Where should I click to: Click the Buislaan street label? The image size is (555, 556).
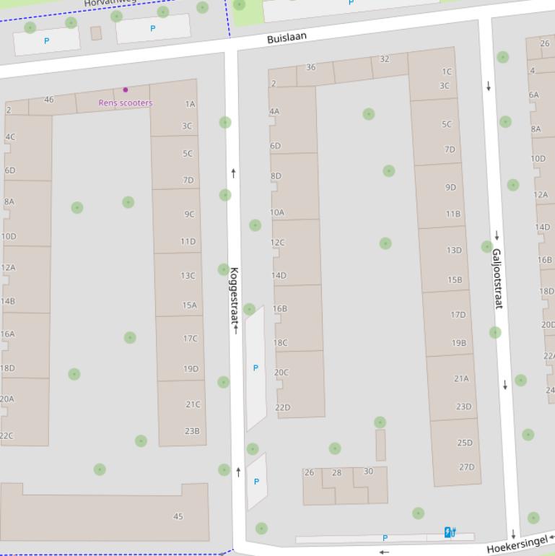pos(287,38)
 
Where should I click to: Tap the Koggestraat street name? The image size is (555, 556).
pos(234,296)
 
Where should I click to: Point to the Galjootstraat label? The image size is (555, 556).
pos(497,279)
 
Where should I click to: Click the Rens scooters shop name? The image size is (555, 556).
pos(126,103)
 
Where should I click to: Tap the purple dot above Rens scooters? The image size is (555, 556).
pos(126,90)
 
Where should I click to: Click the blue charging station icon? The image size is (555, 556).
pos(450,533)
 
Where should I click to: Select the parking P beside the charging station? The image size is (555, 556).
pos(385,538)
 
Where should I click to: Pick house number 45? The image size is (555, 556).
pos(178,516)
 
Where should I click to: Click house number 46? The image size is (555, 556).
pos(48,100)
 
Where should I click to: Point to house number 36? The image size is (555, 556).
pos(310,67)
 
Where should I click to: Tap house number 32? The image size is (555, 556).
pos(385,59)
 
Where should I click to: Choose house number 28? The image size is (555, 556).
pos(336,473)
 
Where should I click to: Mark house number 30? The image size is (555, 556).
pos(368,472)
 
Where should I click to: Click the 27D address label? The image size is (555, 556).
pos(467,467)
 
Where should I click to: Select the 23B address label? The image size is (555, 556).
pos(192,431)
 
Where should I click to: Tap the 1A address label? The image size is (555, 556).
pos(190,104)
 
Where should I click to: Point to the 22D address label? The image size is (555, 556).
pos(283,408)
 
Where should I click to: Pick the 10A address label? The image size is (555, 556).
pos(277,213)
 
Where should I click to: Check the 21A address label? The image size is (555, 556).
pos(461,378)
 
